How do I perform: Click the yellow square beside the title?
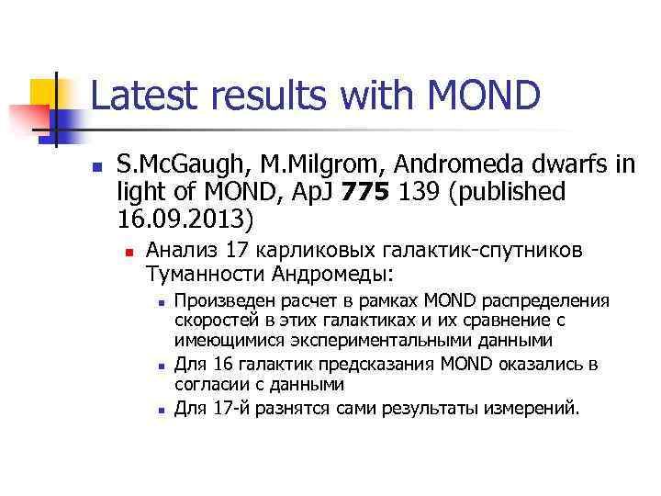pos(44,92)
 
